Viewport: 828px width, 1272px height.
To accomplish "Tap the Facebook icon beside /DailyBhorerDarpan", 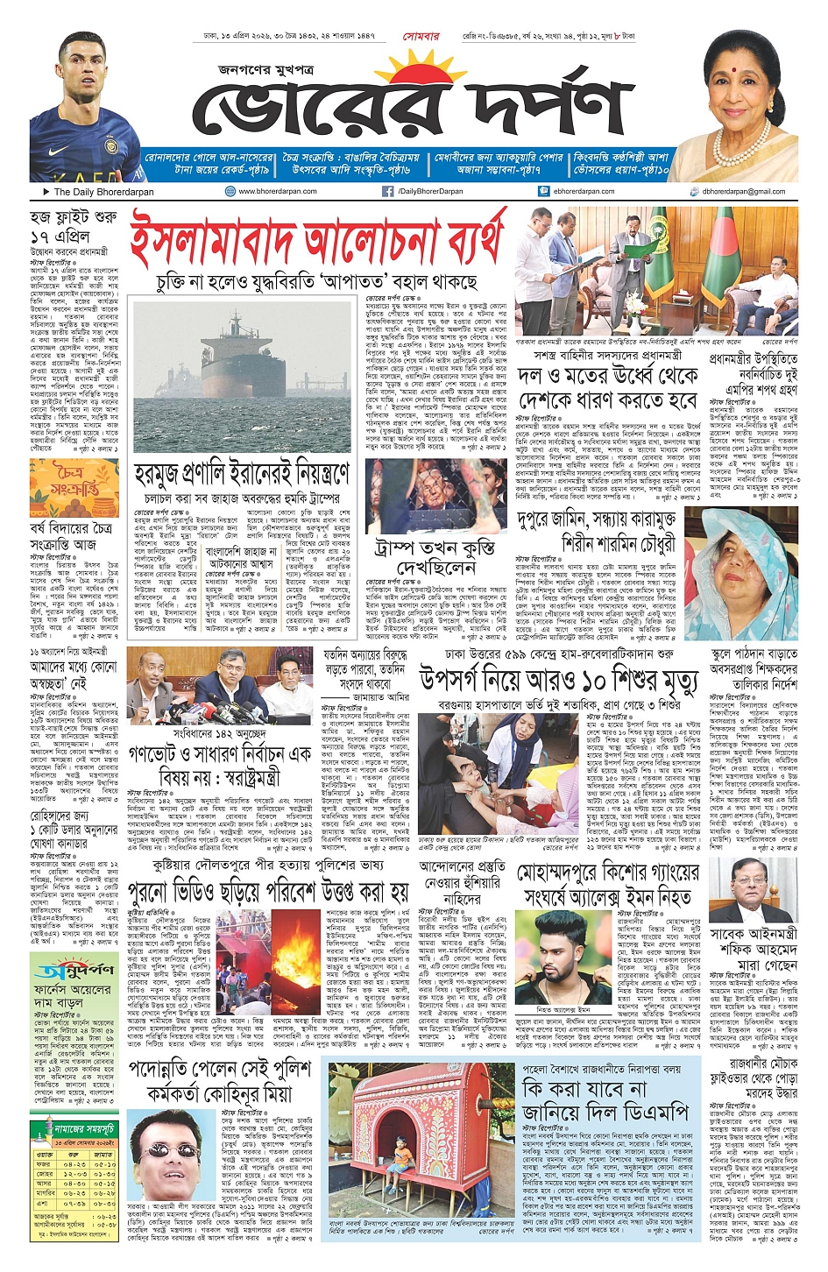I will pyautogui.click(x=387, y=191).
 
